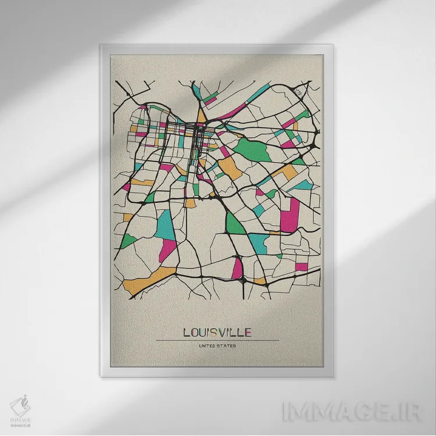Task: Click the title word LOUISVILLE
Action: point(217,333)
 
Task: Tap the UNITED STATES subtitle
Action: point(217,346)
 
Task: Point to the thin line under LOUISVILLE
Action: point(217,340)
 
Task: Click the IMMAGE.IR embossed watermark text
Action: point(343,412)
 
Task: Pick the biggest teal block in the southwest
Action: point(166,224)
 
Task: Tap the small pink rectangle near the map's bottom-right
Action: point(301,267)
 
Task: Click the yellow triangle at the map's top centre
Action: point(201,116)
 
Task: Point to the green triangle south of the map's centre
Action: point(234,223)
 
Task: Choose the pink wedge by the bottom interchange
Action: point(237,269)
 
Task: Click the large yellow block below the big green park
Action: point(230,168)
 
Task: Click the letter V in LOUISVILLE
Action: point(224,333)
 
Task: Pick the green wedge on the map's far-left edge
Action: point(128,240)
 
